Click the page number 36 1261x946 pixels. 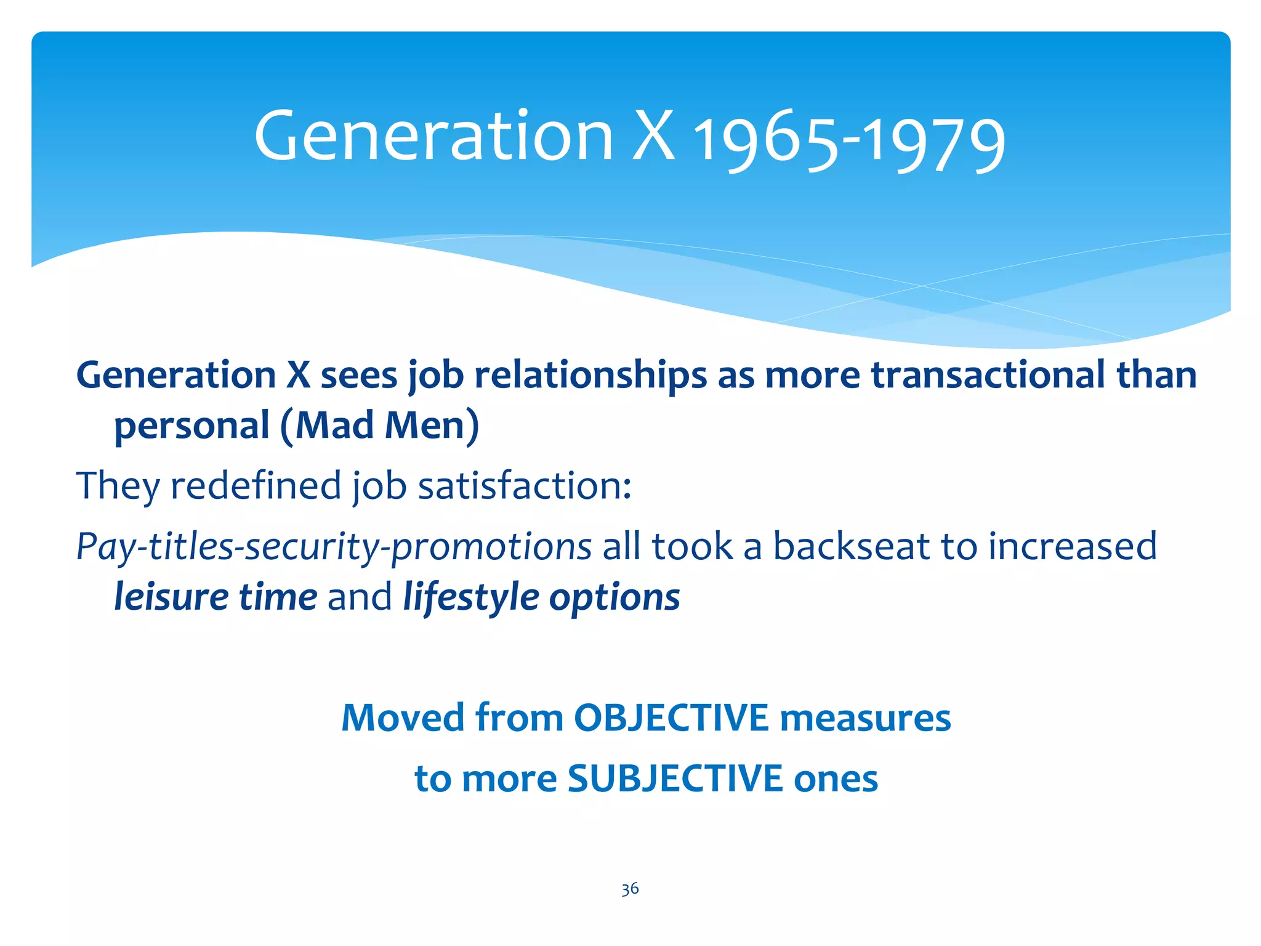coord(630,889)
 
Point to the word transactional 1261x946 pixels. coord(988,375)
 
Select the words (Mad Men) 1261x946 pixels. coord(379,425)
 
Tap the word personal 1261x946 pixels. coord(192,426)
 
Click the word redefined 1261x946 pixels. coord(256,485)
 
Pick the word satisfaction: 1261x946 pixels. coord(525,485)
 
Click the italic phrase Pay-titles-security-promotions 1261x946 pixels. coord(333,547)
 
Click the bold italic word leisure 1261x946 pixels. coord(171,597)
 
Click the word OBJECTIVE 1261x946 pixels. coord(671,718)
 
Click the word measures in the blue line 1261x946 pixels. coord(865,718)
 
